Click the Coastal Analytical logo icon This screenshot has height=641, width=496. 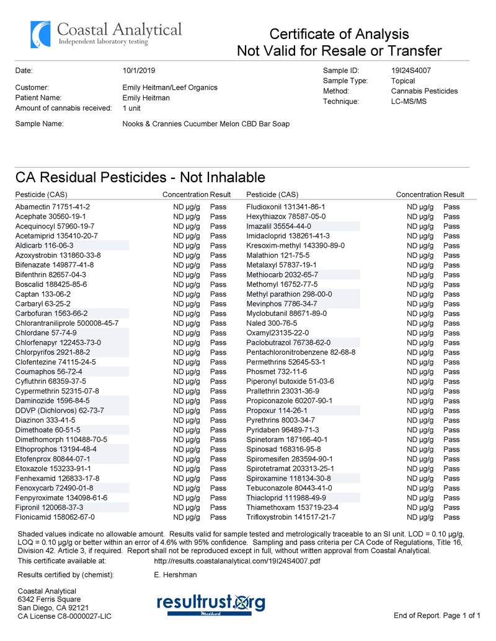(40, 35)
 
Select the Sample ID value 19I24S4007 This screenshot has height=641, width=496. (411, 71)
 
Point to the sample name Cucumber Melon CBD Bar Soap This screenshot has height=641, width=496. (206, 124)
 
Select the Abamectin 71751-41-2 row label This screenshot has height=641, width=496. (53, 207)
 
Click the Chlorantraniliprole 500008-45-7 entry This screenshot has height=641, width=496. (67, 323)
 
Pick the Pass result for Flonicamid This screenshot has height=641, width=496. (218, 517)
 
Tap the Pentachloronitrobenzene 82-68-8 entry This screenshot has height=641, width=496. (301, 352)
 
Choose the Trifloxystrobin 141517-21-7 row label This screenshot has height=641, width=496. (291, 517)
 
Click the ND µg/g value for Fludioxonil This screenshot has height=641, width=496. (420, 207)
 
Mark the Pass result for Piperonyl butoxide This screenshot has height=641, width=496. (451, 382)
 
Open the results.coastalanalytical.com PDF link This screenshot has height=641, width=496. (236, 561)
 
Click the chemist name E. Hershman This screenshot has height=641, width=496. (175, 575)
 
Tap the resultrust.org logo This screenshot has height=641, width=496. (211, 603)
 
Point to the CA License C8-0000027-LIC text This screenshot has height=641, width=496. (64, 616)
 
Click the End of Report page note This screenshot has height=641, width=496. (437, 616)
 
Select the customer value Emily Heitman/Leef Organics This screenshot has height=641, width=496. (170, 88)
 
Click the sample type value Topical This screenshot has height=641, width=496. (403, 81)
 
